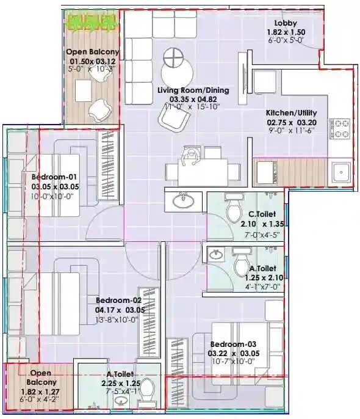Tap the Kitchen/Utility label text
[x=290, y=113]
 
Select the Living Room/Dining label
[x=193, y=90]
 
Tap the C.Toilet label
[x=262, y=214]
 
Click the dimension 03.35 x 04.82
[x=193, y=99]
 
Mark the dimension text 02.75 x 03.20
[x=290, y=122]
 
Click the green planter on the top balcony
[x=93, y=23]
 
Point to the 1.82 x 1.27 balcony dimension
[x=40, y=391]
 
